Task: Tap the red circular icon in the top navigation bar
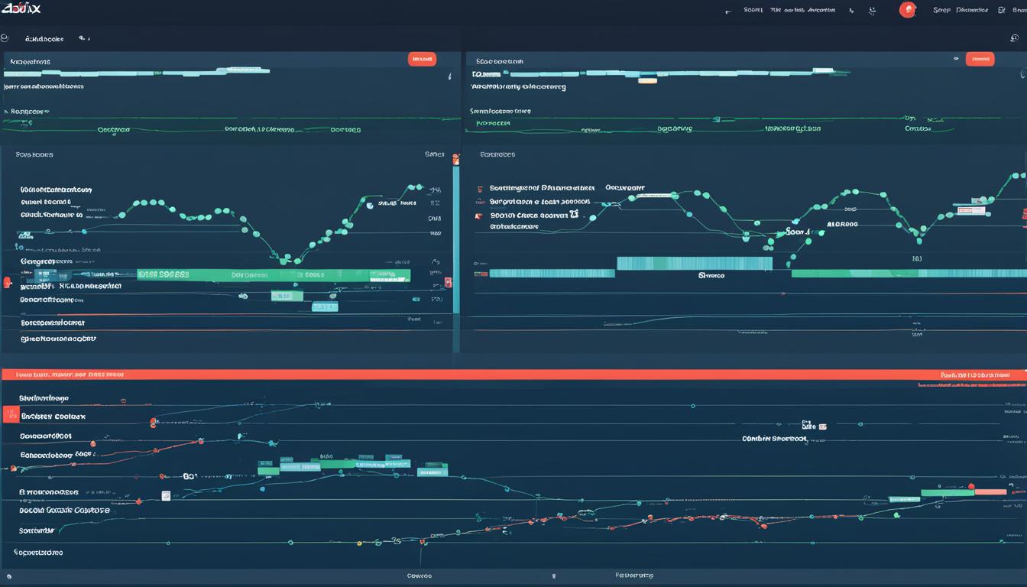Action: click(907, 10)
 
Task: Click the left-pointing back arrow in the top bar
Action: click(728, 11)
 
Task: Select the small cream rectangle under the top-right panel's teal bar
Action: click(647, 79)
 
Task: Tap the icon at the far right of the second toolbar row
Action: click(1014, 37)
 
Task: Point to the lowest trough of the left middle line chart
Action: click(284, 258)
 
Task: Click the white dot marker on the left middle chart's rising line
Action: click(370, 205)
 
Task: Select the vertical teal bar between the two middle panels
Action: click(456, 237)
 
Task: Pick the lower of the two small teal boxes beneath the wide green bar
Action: click(324, 306)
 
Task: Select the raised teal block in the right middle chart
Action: click(694, 263)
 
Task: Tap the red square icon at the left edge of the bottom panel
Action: click(11, 414)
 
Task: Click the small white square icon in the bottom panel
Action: click(166, 495)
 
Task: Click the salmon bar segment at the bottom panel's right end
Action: click(990, 492)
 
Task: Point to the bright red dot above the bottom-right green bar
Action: click(971, 485)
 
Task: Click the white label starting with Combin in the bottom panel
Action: click(774, 439)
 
